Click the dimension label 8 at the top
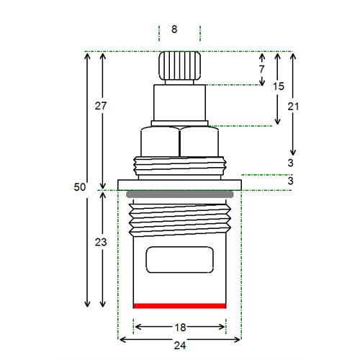coord(174,30)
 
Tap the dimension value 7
coord(261,69)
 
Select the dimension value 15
coord(279,86)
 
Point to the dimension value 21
coord(293,107)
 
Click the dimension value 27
coord(101,106)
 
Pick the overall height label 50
coord(80,187)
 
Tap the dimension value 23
coord(101,243)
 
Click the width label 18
coord(180,328)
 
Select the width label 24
coord(180,346)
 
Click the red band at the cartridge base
coord(179,306)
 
